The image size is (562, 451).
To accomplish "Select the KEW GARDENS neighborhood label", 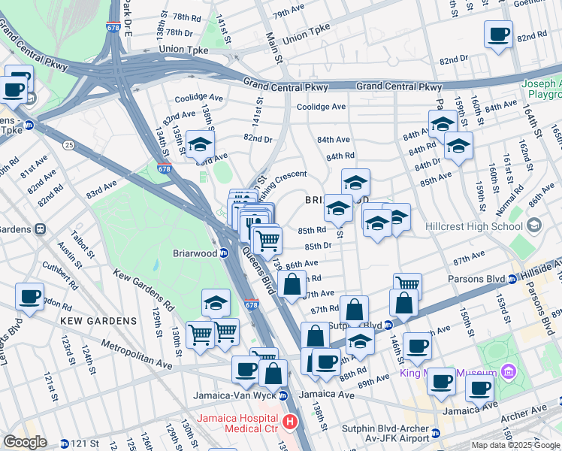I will pos(99,321).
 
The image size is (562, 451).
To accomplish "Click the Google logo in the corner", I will pos(26,442).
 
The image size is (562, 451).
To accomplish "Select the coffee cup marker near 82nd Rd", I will pos(498,35).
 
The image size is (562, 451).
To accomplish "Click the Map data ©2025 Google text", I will pos(515,445).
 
